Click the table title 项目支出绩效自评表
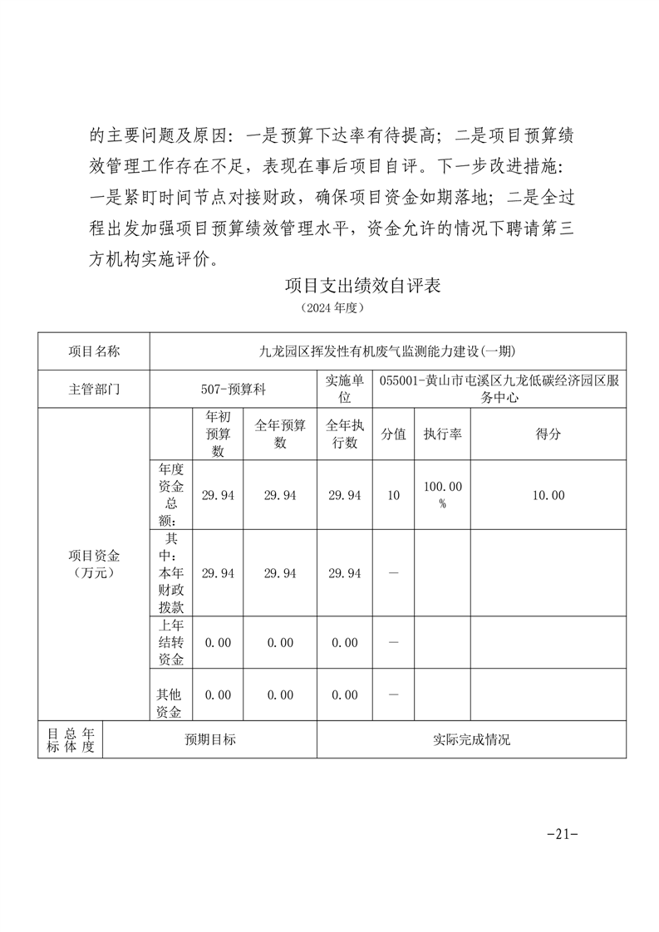361,287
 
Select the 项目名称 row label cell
93,351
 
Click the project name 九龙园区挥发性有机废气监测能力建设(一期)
387,351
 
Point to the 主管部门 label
93,389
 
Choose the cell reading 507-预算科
234,389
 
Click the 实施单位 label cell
344,389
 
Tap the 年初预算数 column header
218,434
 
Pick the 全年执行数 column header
344,434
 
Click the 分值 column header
393,434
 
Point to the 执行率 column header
442,434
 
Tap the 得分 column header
548,434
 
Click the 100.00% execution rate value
442,495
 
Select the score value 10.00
548,495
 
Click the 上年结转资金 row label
170,643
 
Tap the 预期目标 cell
209,739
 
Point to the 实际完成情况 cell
471,739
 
